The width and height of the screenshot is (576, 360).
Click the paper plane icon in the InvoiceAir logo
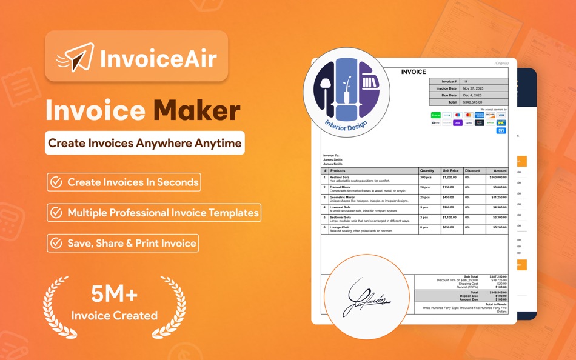click(x=77, y=57)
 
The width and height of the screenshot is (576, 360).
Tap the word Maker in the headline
click(x=196, y=111)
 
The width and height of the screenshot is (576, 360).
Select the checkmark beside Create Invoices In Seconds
click(x=56, y=182)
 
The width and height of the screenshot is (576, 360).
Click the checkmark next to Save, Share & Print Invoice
click(x=56, y=243)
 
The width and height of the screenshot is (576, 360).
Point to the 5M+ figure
click(x=115, y=295)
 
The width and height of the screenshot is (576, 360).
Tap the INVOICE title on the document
click(x=414, y=72)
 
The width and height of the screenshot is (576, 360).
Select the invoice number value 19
click(x=465, y=81)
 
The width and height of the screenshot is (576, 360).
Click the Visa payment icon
click(x=501, y=115)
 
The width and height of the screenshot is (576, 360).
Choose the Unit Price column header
click(x=450, y=171)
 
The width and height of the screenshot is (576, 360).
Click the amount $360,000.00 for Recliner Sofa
click(x=495, y=178)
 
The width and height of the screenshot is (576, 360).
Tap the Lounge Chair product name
click(x=340, y=227)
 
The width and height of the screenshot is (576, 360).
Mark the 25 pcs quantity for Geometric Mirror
click(x=424, y=198)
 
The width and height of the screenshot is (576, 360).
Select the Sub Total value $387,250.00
click(x=497, y=276)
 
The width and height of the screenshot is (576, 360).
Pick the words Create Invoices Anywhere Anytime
click(x=145, y=143)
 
